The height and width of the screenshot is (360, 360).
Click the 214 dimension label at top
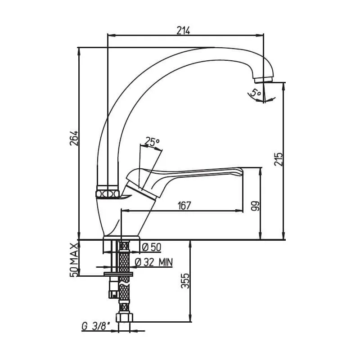(x=183, y=30)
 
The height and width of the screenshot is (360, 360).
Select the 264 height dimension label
(x=74, y=138)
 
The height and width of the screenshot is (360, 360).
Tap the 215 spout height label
(x=279, y=159)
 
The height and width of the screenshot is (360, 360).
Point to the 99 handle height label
(x=255, y=206)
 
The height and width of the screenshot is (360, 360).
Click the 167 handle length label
(x=184, y=206)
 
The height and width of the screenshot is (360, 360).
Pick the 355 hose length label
(x=185, y=280)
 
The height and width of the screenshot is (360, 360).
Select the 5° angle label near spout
(x=256, y=93)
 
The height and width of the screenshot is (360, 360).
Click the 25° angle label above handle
(x=152, y=142)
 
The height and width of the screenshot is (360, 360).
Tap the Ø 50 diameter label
(x=152, y=247)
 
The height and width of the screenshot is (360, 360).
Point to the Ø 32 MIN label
(x=153, y=262)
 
